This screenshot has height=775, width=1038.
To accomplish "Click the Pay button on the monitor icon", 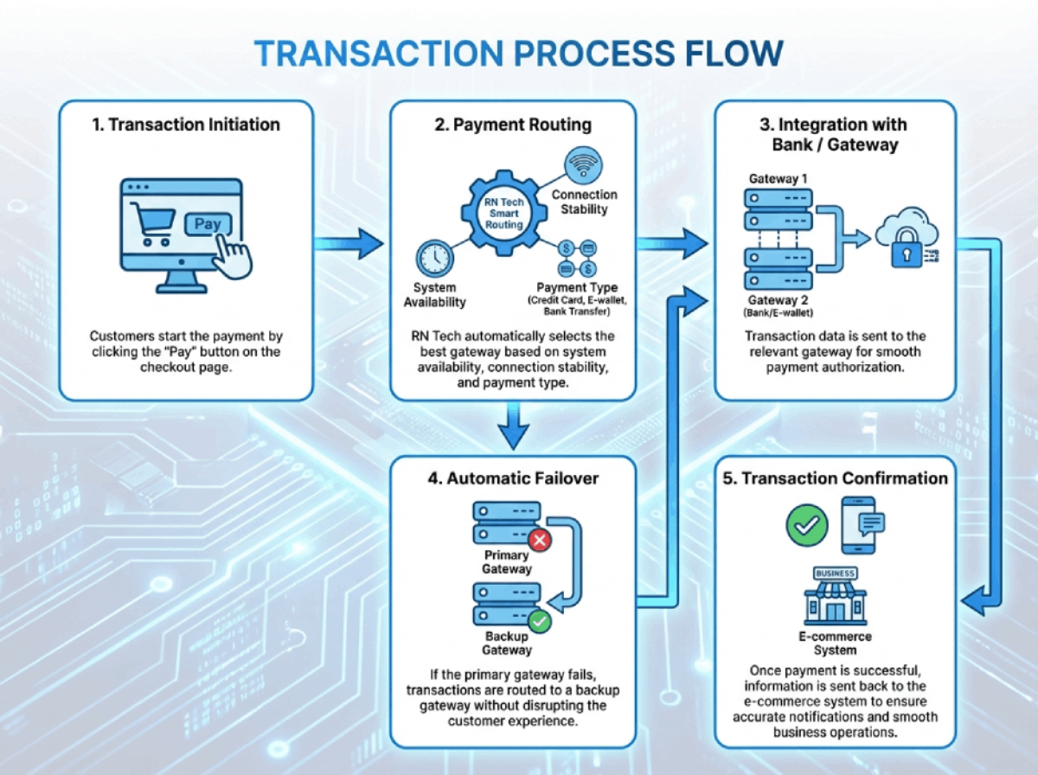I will tap(208, 225).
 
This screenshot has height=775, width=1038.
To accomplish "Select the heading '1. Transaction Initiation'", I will tap(186, 125).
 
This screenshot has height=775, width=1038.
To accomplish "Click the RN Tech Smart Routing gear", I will tap(503, 213).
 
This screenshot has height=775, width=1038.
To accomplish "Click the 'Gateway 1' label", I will tap(778, 178).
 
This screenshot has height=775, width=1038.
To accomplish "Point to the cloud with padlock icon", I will tap(905, 241).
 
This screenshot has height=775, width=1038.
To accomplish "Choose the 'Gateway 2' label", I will tap(778, 299).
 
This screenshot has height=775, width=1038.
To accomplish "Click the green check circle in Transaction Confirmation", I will tap(807, 524).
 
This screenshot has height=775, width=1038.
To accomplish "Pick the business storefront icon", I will tap(835, 597).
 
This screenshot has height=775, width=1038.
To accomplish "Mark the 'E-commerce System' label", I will tap(835, 644).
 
